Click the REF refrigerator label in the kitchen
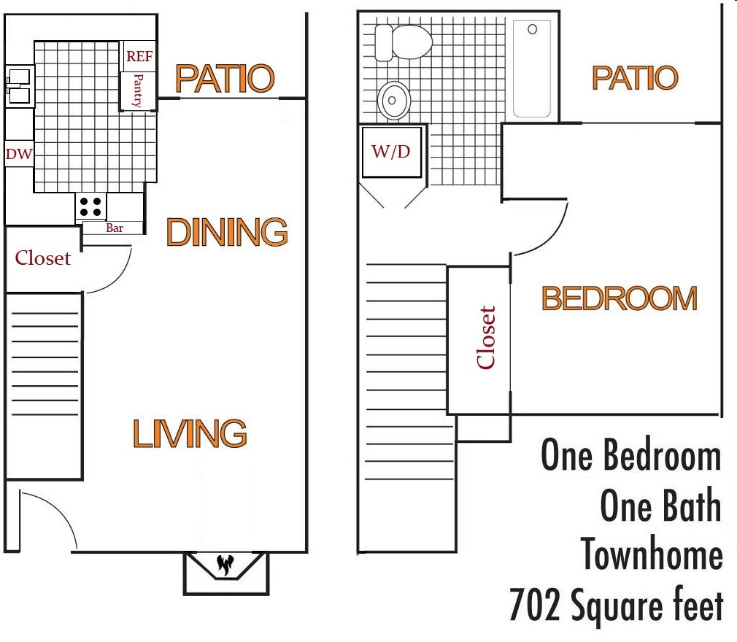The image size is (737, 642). tap(139, 56)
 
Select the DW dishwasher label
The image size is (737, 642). tap(18, 154)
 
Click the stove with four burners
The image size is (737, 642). tap(91, 206)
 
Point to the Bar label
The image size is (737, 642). tap(115, 228)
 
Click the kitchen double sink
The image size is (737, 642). tap(18, 87)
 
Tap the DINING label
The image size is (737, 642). tap(227, 232)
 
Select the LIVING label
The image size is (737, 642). tap(190, 433)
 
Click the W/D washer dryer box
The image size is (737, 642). tap(391, 152)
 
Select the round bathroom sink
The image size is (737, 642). tap(395, 100)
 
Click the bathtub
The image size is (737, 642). tap(532, 69)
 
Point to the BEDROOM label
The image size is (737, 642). tap(619, 298)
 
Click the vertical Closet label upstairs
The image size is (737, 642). tap(486, 337)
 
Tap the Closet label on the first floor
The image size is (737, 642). tap(43, 258)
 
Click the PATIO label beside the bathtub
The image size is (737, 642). tap(634, 77)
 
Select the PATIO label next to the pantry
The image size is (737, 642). tap(225, 79)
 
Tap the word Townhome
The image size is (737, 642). tap(652, 554)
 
